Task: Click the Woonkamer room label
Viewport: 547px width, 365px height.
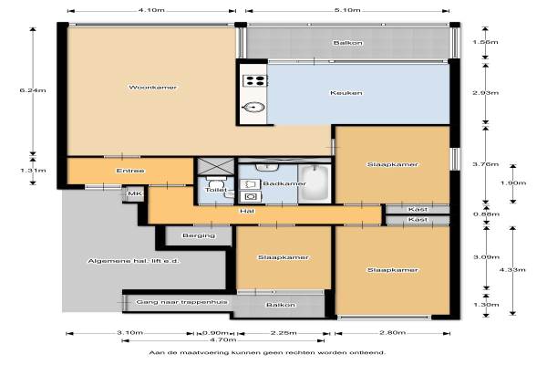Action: click(153, 88)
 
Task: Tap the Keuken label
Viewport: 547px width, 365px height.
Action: click(346, 93)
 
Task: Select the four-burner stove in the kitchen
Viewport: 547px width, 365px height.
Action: click(255, 80)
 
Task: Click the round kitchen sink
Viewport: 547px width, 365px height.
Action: click(254, 108)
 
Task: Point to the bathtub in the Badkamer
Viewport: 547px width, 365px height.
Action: click(315, 182)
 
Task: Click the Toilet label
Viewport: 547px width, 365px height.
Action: click(215, 190)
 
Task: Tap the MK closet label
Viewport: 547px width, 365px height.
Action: click(134, 193)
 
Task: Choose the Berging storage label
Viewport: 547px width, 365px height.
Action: click(199, 235)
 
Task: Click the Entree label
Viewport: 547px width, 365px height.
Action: click(130, 171)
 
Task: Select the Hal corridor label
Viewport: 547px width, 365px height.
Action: click(247, 211)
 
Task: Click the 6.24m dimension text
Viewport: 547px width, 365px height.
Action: click(33, 90)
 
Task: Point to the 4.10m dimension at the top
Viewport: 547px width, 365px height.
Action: click(151, 10)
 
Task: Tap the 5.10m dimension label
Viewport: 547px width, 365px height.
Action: click(347, 10)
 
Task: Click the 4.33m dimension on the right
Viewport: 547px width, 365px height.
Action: click(512, 270)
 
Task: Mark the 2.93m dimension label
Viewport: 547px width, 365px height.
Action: click(485, 93)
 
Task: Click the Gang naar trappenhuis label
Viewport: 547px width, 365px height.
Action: click(181, 302)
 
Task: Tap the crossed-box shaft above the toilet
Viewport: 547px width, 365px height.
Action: click(216, 166)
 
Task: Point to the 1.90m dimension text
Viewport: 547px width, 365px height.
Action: click(513, 183)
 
